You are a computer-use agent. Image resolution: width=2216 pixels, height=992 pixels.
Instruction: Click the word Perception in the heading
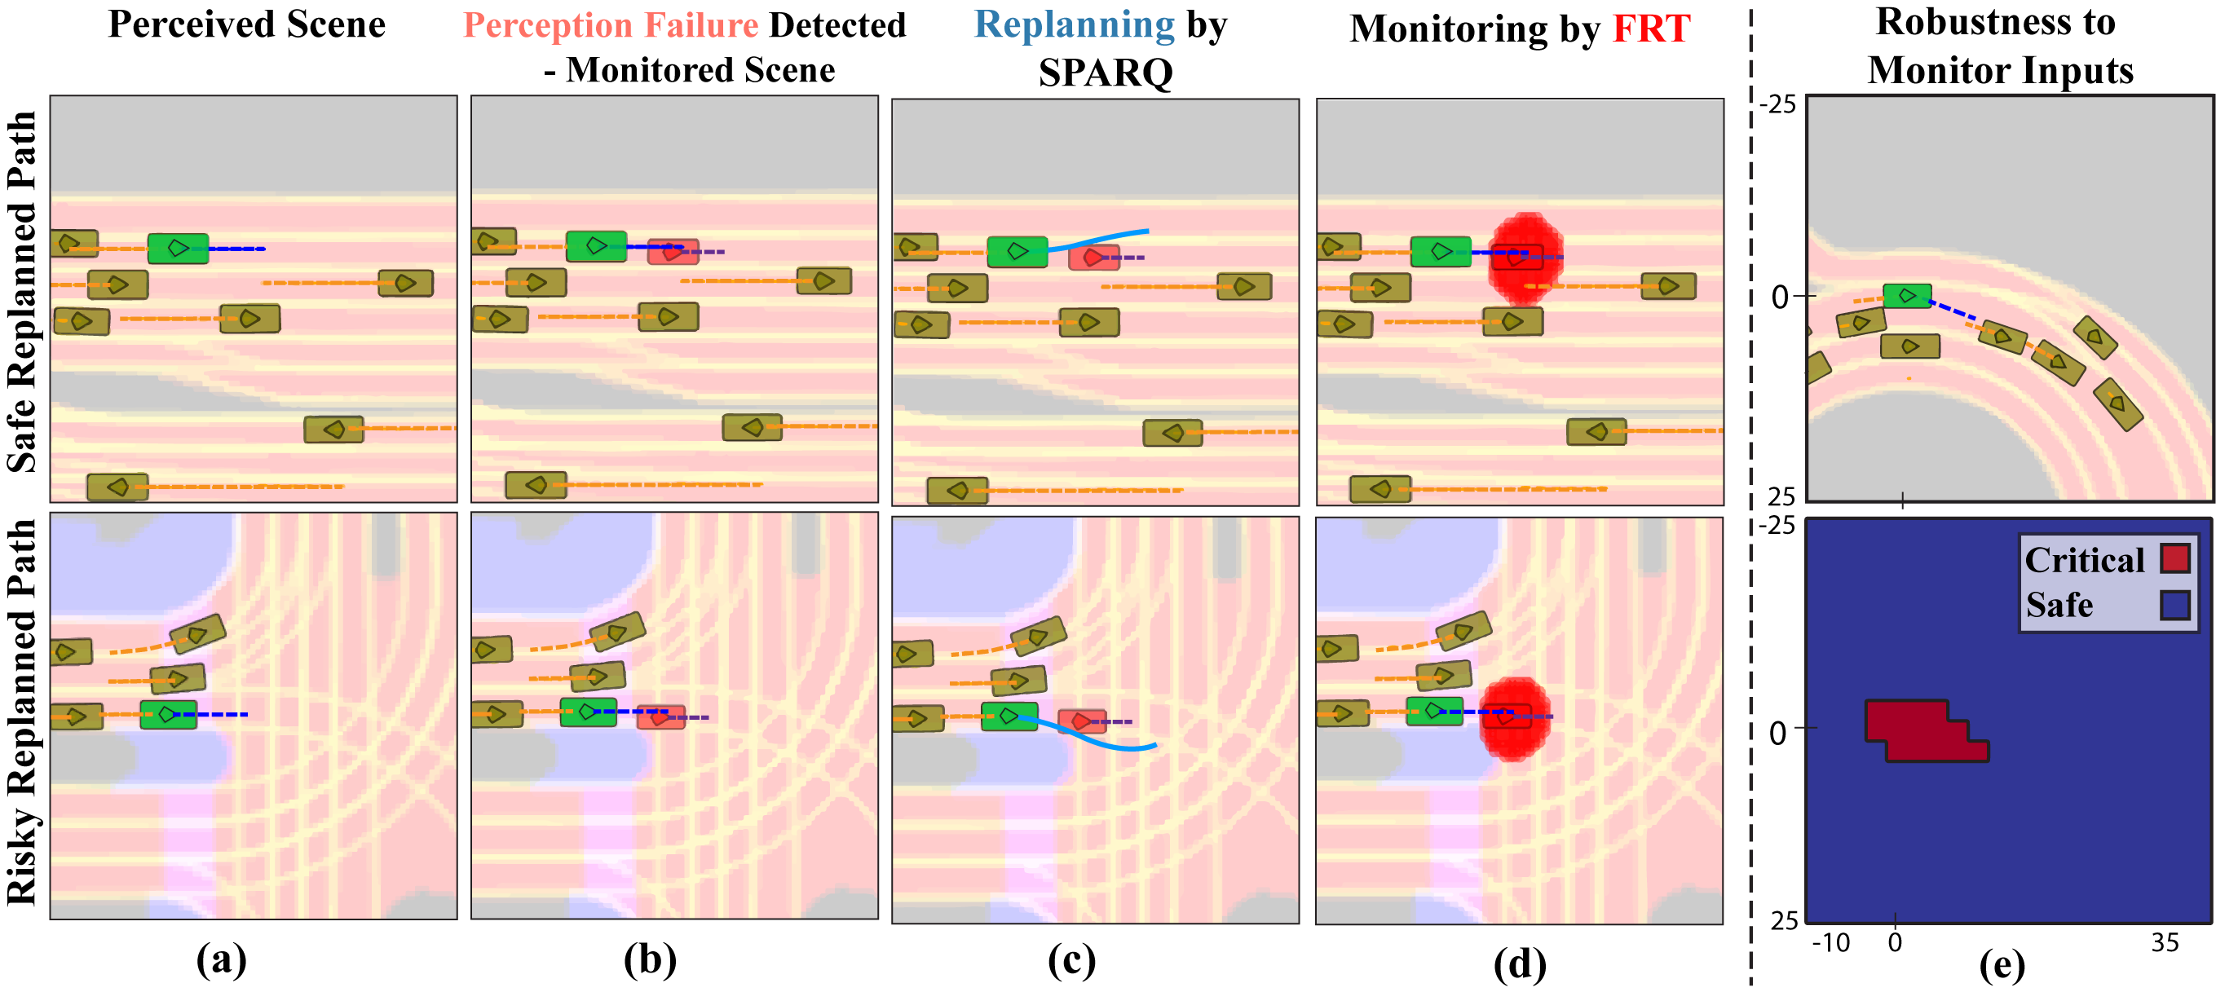click(547, 26)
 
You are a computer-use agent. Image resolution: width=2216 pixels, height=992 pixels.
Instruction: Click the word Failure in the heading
click(700, 26)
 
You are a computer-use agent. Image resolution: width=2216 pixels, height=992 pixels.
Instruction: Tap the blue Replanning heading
click(1074, 26)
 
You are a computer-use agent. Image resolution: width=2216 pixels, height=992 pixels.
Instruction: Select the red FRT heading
click(1651, 29)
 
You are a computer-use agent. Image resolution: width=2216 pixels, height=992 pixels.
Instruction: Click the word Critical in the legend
click(2084, 560)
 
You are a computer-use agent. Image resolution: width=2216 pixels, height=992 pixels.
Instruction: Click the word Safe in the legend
click(2059, 605)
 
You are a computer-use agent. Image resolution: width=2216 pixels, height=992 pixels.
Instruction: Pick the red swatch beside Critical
click(2174, 558)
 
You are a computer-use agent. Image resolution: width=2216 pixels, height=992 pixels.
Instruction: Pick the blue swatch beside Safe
click(2174, 605)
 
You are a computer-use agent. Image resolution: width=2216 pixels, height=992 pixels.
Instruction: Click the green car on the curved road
click(1907, 295)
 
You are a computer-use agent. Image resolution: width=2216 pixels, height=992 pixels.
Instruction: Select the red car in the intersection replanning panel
click(1080, 721)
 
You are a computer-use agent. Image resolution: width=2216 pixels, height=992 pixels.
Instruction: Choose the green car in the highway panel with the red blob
click(1441, 252)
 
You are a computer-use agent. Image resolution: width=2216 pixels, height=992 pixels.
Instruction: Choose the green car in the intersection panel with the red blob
click(1434, 712)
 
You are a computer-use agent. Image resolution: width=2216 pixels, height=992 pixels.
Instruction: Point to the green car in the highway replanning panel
click(1017, 251)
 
